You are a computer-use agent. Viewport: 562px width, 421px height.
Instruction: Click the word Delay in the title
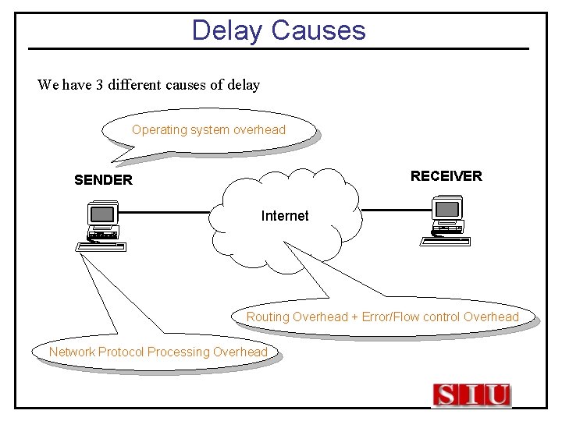pos(227,30)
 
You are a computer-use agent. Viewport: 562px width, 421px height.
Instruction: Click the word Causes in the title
pos(318,30)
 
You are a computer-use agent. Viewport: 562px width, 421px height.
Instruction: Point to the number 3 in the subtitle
pos(100,84)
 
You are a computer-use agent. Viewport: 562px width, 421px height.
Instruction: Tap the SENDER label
pos(103,180)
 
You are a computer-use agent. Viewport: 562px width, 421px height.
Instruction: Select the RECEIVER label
pos(446,176)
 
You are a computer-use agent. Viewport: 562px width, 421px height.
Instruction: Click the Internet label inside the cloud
pos(285,216)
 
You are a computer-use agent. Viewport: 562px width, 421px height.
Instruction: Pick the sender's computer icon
pos(101,225)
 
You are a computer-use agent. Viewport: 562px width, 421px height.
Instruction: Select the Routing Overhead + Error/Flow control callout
pos(382,317)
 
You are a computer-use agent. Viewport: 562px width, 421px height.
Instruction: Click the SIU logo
pos(471,395)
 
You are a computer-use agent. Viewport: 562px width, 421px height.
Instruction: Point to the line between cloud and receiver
pos(397,210)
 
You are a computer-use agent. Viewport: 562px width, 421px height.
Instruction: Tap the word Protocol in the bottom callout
pos(121,352)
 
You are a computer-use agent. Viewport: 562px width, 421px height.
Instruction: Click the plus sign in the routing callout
pos(354,317)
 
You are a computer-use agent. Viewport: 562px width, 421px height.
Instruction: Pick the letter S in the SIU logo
pos(446,395)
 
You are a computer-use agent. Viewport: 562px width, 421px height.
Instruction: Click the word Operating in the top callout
pos(157,130)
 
